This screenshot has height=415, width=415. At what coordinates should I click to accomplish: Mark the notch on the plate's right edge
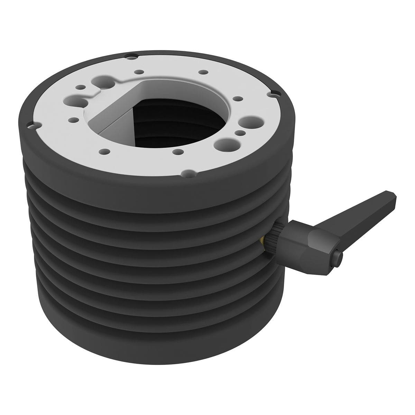(x=274, y=93)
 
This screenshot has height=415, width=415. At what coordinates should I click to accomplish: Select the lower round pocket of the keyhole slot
(x=84, y=103)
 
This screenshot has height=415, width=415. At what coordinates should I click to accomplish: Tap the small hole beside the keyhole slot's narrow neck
(x=80, y=87)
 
